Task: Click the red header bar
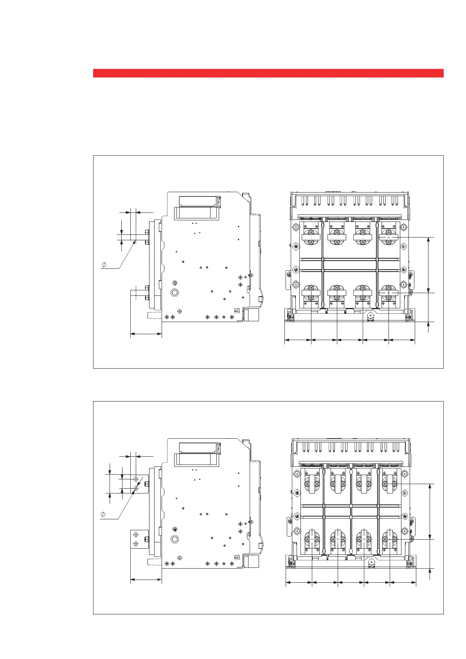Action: click(x=268, y=73)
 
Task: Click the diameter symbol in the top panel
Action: click(x=104, y=265)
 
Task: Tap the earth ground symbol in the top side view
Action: click(x=175, y=283)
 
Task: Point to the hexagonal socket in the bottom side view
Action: click(x=175, y=539)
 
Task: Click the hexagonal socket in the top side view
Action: click(x=175, y=293)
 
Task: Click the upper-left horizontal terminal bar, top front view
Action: click(x=311, y=237)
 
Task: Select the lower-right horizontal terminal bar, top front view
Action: click(x=389, y=293)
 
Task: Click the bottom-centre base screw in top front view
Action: click(x=370, y=315)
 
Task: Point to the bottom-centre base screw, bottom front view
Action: click(x=372, y=562)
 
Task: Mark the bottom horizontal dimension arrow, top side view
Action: click(x=146, y=334)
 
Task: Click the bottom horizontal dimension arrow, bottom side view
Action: click(x=146, y=580)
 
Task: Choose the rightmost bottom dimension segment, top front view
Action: click(x=401, y=340)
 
